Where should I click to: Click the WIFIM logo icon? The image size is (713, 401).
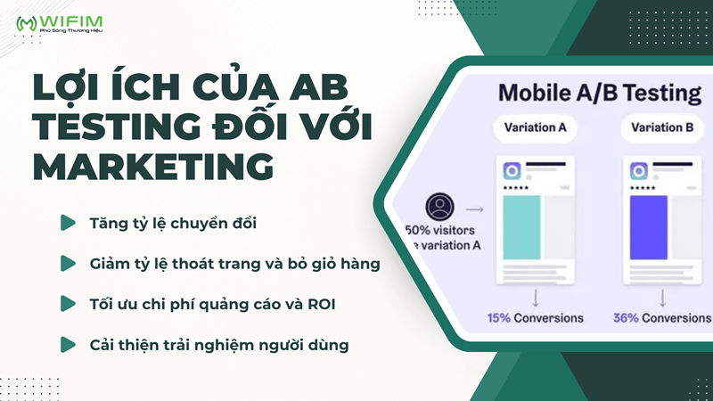(26, 22)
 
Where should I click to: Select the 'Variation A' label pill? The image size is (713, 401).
(536, 127)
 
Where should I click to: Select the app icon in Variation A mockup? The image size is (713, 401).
(512, 171)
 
